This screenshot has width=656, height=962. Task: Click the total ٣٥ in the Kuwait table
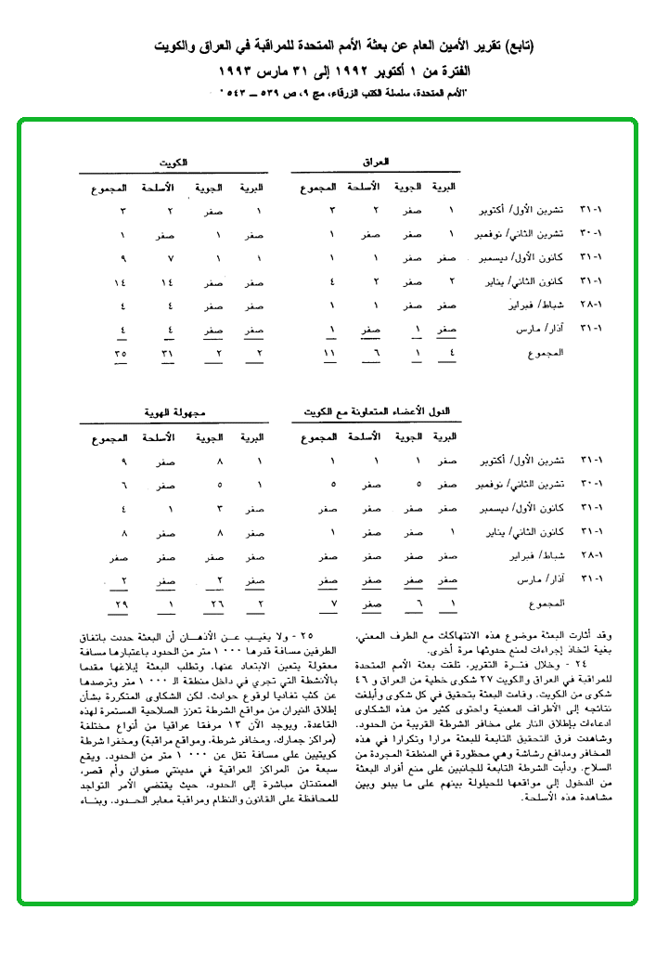(x=122, y=354)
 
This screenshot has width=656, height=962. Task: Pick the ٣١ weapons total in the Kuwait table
(x=167, y=354)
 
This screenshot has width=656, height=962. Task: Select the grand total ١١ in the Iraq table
(x=328, y=354)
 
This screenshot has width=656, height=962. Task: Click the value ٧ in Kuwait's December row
(x=168, y=258)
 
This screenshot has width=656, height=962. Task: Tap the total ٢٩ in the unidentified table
(x=122, y=604)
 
